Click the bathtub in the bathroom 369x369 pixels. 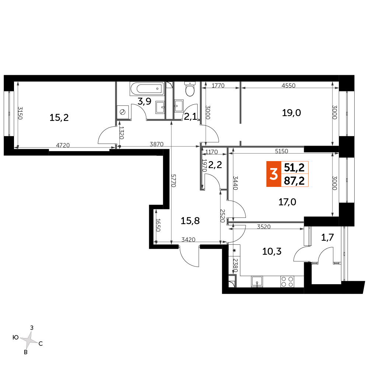[147, 88]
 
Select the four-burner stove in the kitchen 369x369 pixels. [287, 282]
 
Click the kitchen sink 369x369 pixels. [257, 282]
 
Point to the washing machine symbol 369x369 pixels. [123, 112]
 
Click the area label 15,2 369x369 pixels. [59, 118]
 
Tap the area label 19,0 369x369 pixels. [291, 113]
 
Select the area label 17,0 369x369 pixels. [287, 202]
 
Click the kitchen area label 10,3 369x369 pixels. [272, 251]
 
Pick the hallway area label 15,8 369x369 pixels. [190, 221]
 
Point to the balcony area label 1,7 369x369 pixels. [328, 237]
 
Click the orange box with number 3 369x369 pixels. [274, 174]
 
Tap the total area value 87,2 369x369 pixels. [295, 181]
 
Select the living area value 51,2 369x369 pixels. [295, 168]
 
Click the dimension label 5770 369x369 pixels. [173, 181]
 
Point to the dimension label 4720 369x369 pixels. [63, 146]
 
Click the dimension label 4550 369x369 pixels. [289, 86]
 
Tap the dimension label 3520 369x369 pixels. [264, 227]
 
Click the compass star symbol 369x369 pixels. [29, 340]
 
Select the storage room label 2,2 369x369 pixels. [215, 165]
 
